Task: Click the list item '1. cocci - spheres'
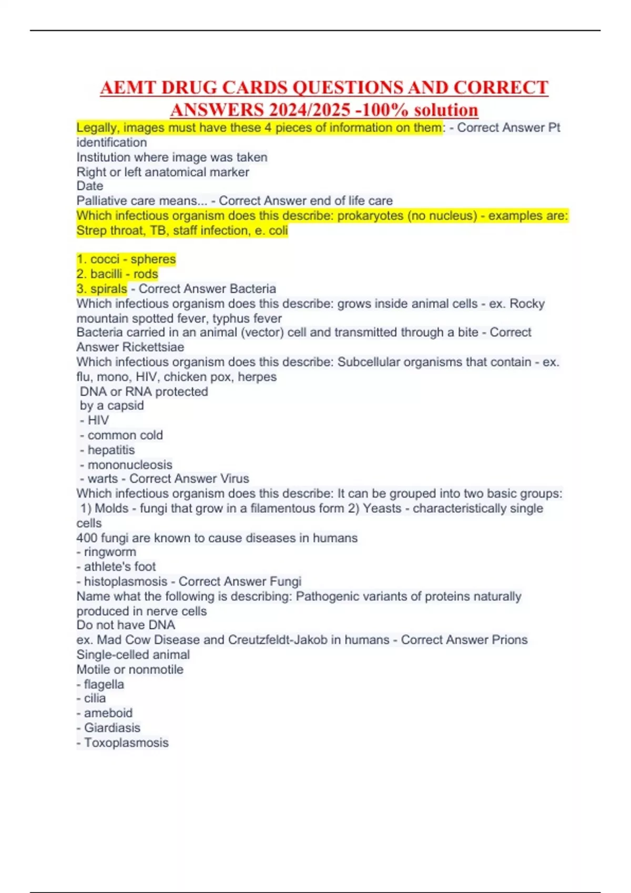click(x=126, y=259)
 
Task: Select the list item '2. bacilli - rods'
click(x=117, y=274)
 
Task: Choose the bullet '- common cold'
click(x=122, y=435)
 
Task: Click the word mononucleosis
click(x=130, y=465)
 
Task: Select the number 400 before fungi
click(x=87, y=538)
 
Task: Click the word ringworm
click(x=110, y=552)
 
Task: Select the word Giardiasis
click(x=112, y=728)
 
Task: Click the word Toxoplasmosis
click(x=126, y=743)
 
